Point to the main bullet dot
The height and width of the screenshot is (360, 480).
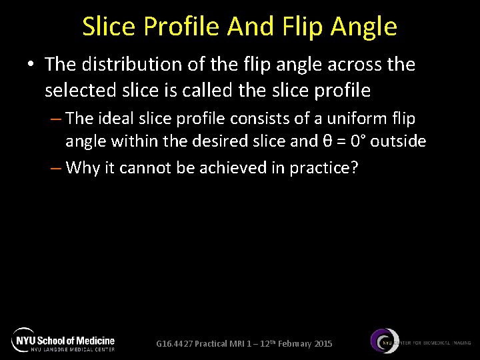(29, 65)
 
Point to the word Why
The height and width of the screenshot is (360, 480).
(82, 167)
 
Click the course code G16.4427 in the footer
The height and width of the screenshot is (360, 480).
(174, 344)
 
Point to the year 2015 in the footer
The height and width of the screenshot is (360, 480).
(322, 344)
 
